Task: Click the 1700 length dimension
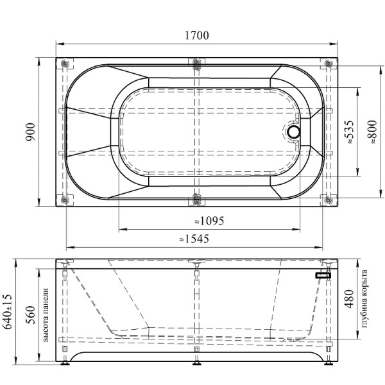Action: pos(197,35)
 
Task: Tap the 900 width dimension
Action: pos(31,132)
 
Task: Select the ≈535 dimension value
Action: pos(350,132)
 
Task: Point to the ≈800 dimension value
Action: pos(372,132)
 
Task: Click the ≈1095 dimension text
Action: pos(209,221)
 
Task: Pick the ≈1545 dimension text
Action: pos(194,239)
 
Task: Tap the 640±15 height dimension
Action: pos(7,311)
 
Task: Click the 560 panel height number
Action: pos(31,315)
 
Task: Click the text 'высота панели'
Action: pos(46,315)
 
